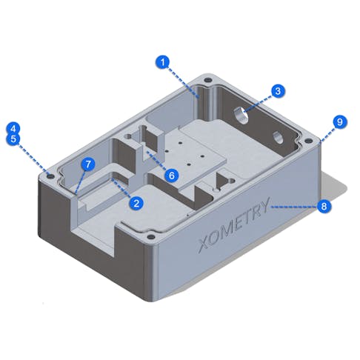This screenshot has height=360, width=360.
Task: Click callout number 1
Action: (164, 62)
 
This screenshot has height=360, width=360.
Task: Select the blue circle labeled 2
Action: (136, 201)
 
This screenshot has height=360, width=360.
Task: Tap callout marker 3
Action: (276, 91)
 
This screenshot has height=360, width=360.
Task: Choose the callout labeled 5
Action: (13, 138)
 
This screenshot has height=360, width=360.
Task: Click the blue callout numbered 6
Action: (170, 176)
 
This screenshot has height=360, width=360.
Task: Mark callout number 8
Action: (324, 207)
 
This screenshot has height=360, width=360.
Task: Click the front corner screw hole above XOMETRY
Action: (152, 238)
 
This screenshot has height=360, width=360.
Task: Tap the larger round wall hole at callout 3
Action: (242, 115)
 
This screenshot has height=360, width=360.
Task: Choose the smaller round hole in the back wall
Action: (279, 137)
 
